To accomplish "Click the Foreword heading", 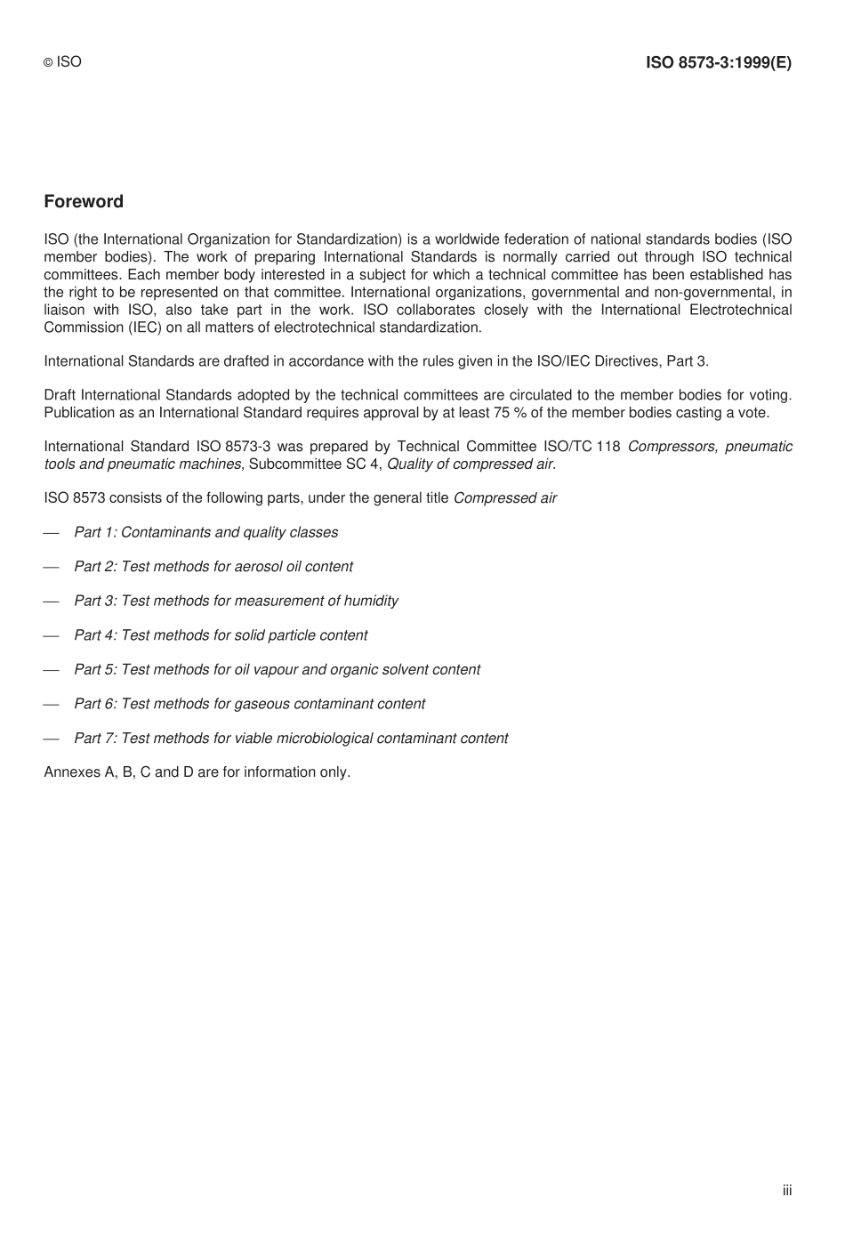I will pyautogui.click(x=84, y=202).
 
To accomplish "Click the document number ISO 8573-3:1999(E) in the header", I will pyautogui.click(x=718, y=62).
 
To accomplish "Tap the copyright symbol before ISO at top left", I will pyautogui.click(x=49, y=63).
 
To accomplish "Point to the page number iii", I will pyautogui.click(x=787, y=1191).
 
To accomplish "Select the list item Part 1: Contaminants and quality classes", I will pyautogui.click(x=205, y=532).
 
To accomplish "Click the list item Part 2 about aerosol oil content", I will pyautogui.click(x=213, y=567).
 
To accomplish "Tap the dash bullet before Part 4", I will pyautogui.click(x=51, y=635).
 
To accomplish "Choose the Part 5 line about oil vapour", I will pyautogui.click(x=277, y=669).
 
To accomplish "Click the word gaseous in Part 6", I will pyautogui.click(x=260, y=704).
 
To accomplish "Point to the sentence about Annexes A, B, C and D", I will pyautogui.click(x=197, y=772).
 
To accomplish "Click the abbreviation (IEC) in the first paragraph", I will pyautogui.click(x=125, y=327).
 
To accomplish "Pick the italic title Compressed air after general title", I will pyautogui.click(x=504, y=498).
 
